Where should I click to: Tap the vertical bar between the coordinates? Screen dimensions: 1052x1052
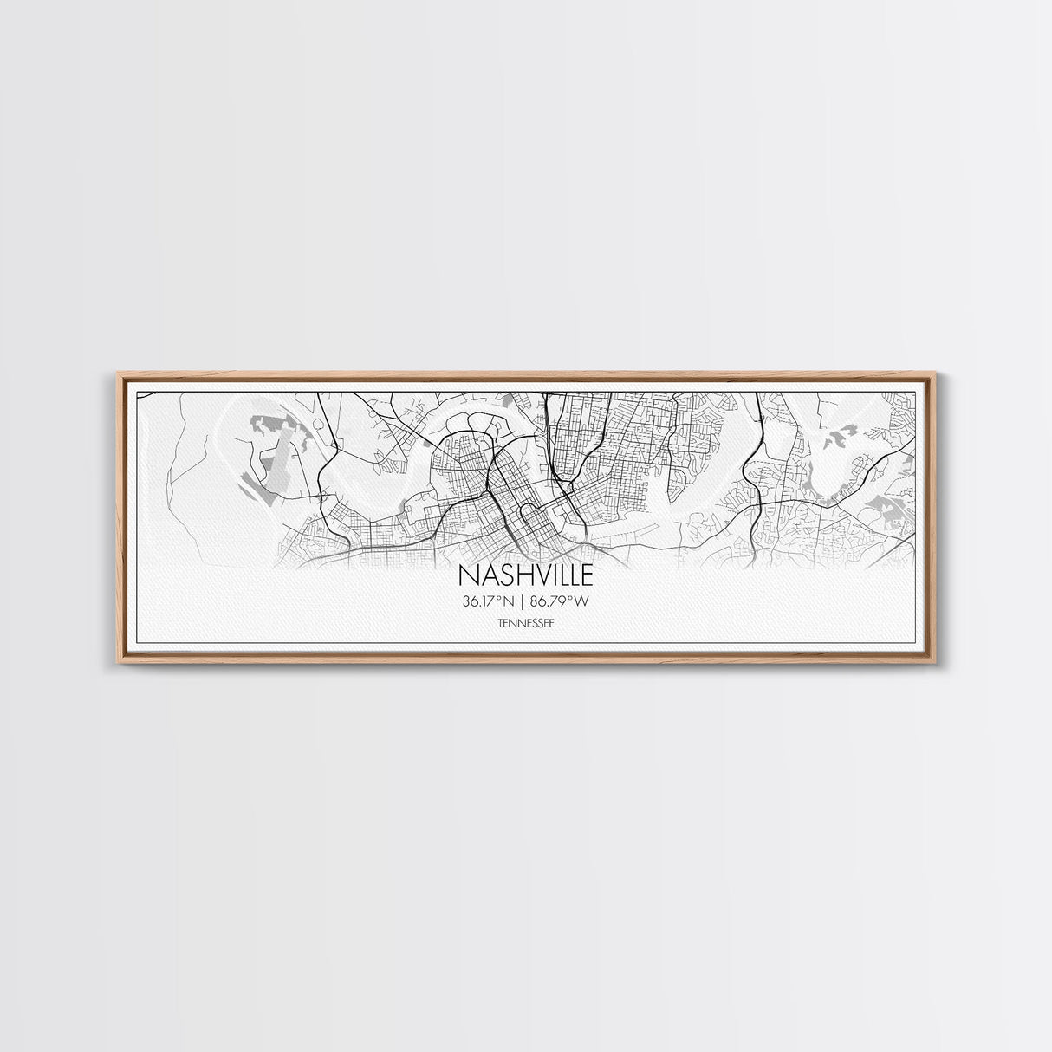[525, 601]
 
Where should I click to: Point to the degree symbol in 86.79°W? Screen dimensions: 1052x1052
[575, 598]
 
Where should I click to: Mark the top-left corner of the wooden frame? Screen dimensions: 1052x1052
[119, 373]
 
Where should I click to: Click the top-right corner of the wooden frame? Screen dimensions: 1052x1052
[933, 373]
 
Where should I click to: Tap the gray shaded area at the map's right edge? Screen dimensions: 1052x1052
[893, 516]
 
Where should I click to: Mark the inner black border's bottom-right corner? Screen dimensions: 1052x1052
[916, 642]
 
